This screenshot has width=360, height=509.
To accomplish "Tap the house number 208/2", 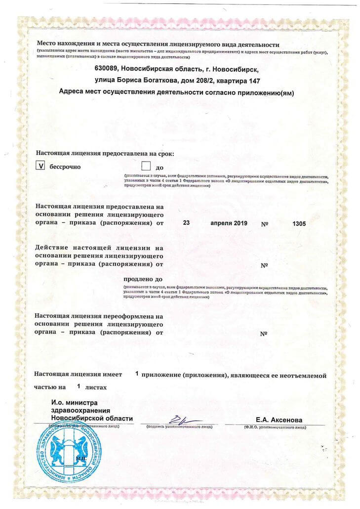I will (x=204, y=80).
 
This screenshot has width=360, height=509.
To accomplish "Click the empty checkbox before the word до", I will (x=146, y=166).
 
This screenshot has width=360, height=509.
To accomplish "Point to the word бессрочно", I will (x=65, y=167).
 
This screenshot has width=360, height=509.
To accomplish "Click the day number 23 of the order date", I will (x=186, y=223).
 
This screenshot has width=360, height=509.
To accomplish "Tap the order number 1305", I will (x=299, y=223).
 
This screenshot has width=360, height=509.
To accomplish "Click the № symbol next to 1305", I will (x=264, y=224).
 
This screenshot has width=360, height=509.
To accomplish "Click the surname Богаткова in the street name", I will (x=163, y=80).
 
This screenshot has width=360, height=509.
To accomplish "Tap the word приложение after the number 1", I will (x=162, y=375).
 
